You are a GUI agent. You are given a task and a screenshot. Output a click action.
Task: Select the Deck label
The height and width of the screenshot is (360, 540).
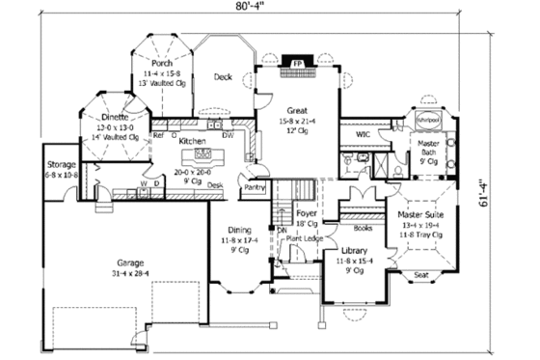point(223,76)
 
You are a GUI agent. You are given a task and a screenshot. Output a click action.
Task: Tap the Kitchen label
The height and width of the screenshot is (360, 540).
point(193,140)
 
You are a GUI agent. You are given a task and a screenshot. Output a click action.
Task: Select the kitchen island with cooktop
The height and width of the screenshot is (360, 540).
point(203,153)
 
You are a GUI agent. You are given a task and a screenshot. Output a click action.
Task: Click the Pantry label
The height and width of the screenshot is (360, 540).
point(255,187)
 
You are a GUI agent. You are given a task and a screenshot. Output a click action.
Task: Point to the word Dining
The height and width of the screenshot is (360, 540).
point(240,229)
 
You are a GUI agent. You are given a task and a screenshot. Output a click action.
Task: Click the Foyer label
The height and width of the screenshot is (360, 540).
point(307,214)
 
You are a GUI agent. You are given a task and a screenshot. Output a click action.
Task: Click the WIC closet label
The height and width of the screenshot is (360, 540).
point(364,134)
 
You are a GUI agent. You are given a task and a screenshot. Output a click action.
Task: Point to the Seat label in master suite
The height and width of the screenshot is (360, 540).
point(420,274)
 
